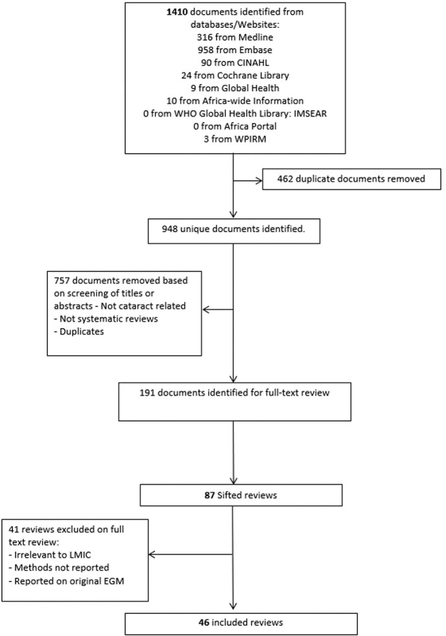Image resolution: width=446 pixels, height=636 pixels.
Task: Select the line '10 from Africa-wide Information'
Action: (233, 102)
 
